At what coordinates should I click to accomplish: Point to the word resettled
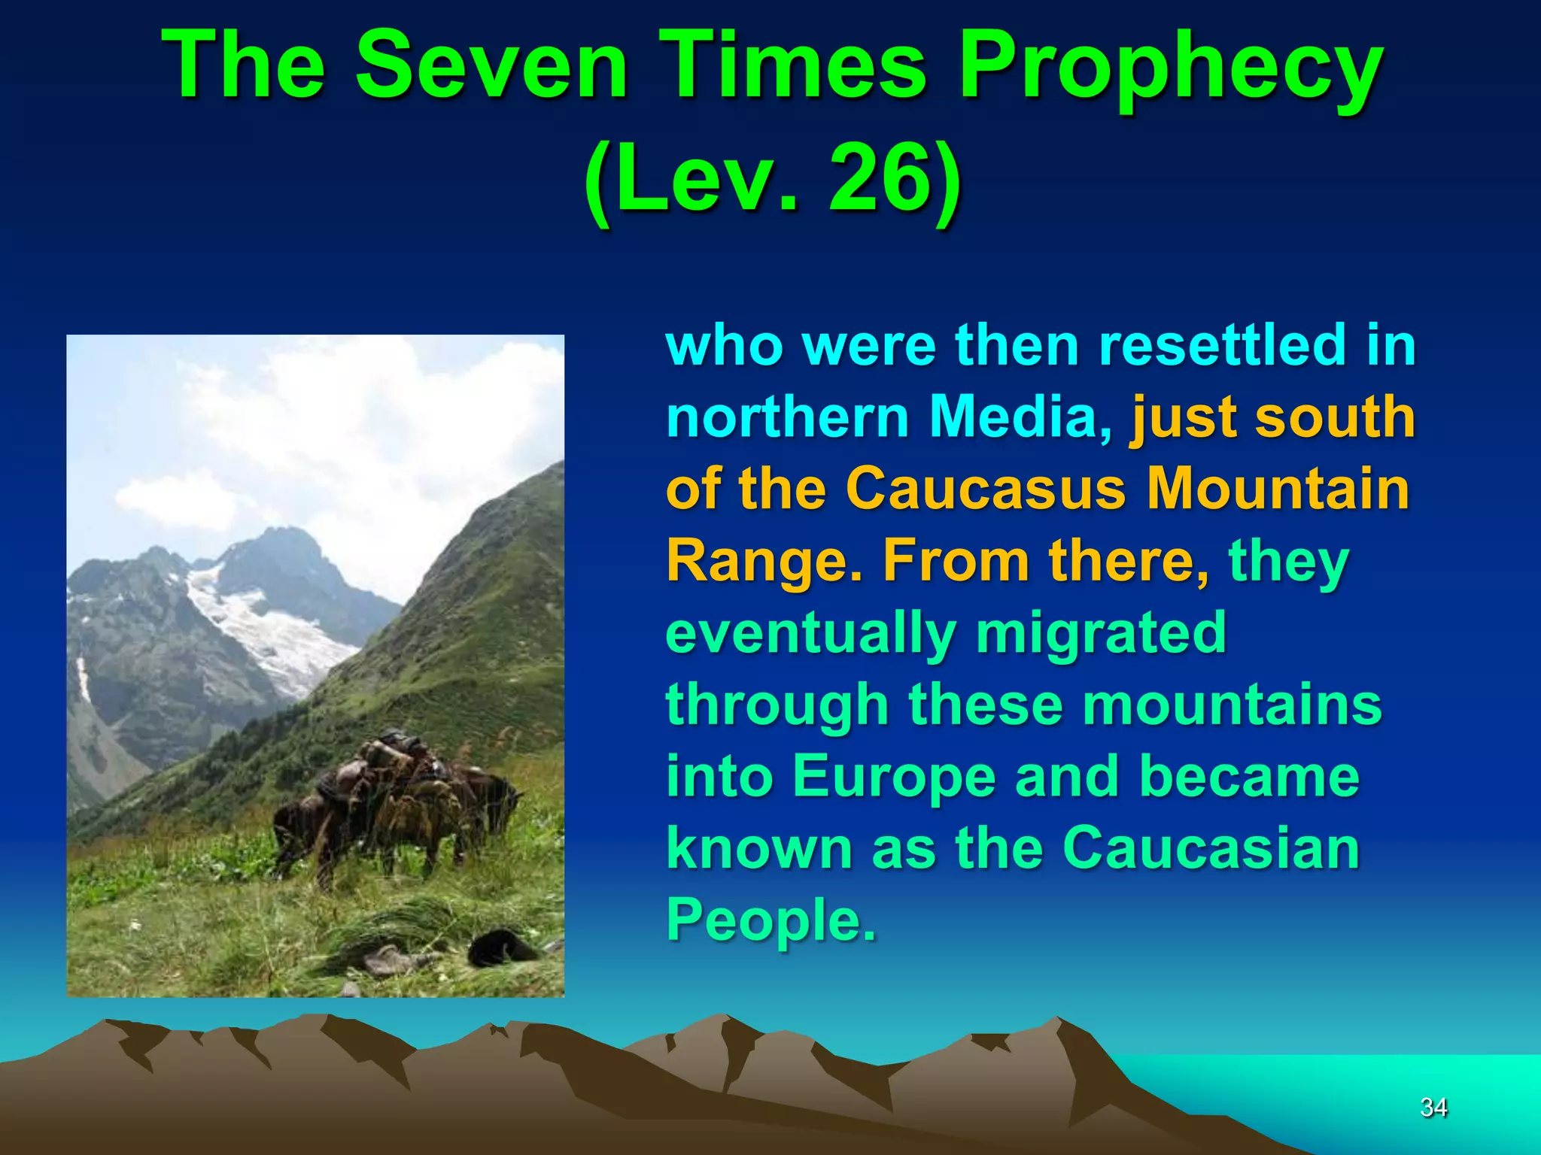[x=1222, y=344]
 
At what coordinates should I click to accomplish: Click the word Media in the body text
[x=1020, y=417]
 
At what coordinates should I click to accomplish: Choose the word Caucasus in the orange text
[x=986, y=488]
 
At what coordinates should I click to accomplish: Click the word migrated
[x=1102, y=634]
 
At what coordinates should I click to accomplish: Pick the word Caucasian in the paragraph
[x=1211, y=848]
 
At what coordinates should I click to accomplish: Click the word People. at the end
[x=771, y=920]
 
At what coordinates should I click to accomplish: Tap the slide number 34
[x=1433, y=1107]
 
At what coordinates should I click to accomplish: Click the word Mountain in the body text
[x=1278, y=488]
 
